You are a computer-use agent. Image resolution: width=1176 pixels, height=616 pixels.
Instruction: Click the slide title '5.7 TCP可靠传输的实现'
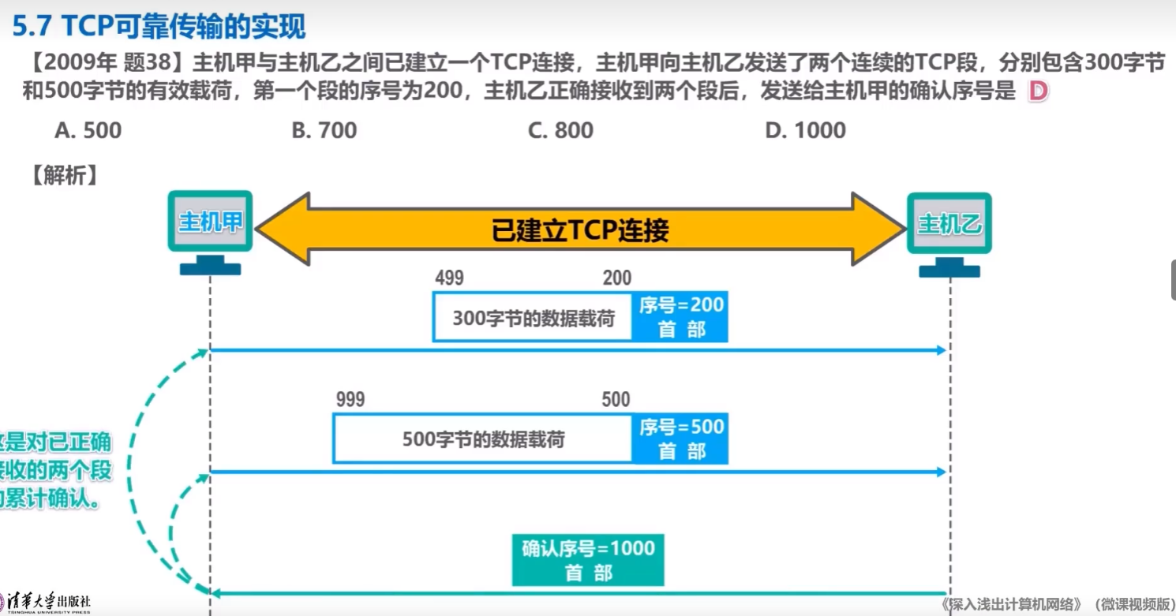coord(158,27)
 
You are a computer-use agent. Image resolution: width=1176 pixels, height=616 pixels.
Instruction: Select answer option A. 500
coord(88,130)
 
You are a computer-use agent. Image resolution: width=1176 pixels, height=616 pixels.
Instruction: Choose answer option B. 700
coord(324,130)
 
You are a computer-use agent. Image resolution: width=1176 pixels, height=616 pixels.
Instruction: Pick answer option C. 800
coord(560,130)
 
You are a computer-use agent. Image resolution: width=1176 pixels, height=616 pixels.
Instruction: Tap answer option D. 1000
coord(805,130)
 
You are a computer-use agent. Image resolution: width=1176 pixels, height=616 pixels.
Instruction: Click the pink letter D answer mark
coord(1038,92)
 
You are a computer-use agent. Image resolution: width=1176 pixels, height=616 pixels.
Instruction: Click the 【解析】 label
coord(64,175)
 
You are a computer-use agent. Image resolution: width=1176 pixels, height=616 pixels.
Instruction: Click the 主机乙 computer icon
coord(949,230)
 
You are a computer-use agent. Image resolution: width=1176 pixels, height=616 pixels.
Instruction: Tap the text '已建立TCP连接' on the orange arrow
coord(580,230)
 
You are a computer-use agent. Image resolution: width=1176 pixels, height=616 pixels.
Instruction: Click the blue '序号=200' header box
coord(681,316)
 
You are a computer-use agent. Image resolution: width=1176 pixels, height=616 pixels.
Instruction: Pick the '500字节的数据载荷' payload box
coord(483,439)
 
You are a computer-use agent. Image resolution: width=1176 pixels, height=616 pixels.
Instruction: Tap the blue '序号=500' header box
coord(681,439)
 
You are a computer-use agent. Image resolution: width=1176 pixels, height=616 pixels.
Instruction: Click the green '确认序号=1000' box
coord(588,559)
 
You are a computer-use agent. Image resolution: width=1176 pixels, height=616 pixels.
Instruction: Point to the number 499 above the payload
coord(449,278)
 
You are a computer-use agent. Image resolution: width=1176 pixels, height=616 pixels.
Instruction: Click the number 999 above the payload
coord(350,400)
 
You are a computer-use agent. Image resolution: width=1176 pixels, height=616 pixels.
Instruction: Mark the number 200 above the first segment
coord(616,278)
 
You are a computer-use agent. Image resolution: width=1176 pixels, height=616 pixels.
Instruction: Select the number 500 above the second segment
coord(616,400)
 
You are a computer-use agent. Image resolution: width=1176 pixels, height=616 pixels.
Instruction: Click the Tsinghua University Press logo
coord(46,603)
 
